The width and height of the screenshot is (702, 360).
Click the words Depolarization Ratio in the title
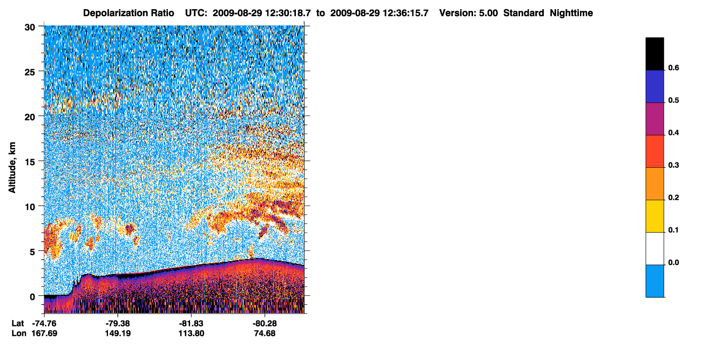[x=129, y=13]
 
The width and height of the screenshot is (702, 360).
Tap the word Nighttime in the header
[x=571, y=13]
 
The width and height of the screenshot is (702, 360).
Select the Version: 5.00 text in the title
[x=468, y=13]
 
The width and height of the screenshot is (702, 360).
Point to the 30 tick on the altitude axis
[x=30, y=28]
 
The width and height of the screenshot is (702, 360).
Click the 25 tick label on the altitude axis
[x=30, y=72]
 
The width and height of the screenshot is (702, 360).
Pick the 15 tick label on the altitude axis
[x=30, y=162]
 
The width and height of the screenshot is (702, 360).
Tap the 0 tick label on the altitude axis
[x=32, y=297]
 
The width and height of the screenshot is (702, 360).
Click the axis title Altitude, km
[x=12, y=167]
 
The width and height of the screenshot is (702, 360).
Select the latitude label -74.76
[x=44, y=323]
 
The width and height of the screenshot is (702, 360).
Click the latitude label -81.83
[x=191, y=323]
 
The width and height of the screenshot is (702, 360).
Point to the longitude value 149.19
[x=118, y=334]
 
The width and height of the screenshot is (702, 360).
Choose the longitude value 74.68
[x=265, y=334]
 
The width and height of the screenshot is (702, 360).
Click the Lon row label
[x=19, y=334]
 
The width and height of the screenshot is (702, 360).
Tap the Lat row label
[x=18, y=323]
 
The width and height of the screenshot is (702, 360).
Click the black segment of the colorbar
[x=654, y=54]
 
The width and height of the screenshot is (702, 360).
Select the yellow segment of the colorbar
[x=654, y=216]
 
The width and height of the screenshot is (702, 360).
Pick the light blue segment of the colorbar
[x=654, y=281]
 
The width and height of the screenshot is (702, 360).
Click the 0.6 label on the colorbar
[x=673, y=67]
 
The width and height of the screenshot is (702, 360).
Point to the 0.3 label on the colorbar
[x=673, y=165]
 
